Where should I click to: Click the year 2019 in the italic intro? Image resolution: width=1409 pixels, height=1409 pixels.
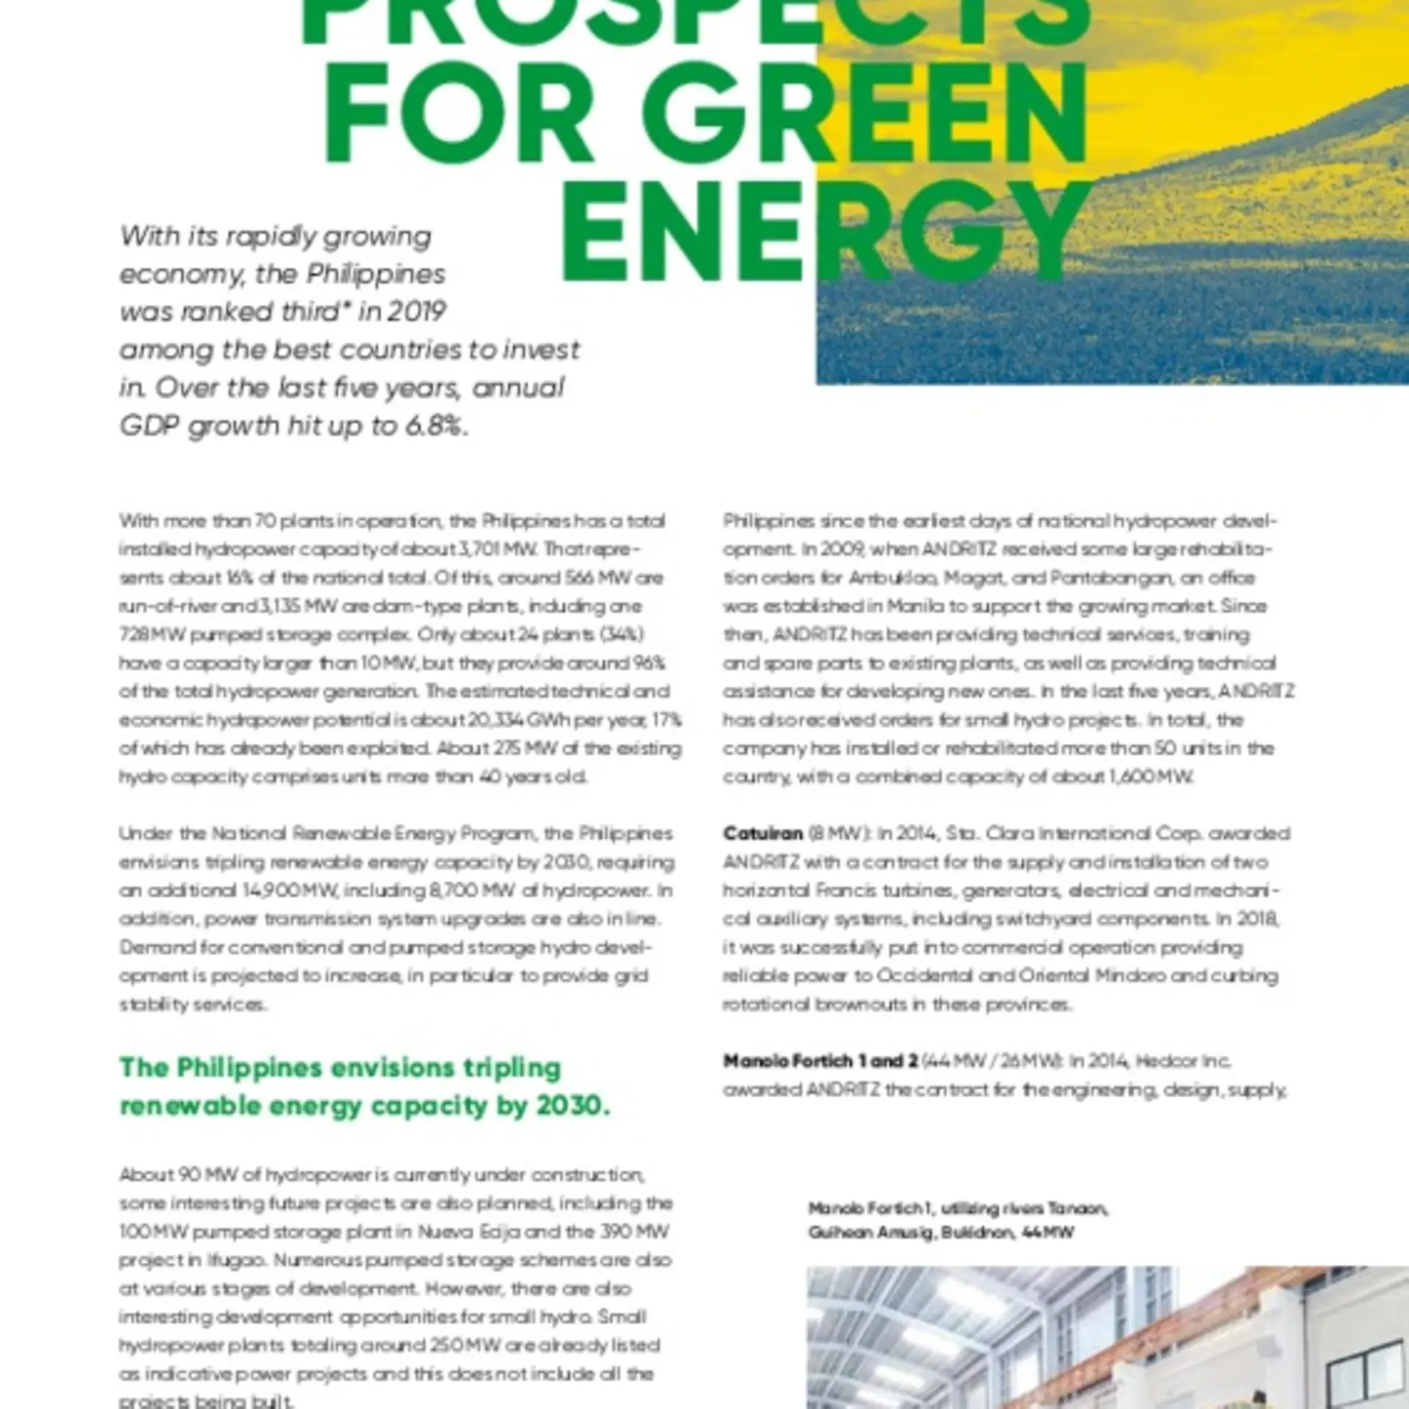tap(415, 312)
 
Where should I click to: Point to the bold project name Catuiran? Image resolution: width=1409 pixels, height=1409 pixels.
tap(762, 834)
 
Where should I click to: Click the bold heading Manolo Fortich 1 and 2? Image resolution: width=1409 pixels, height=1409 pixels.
tap(820, 1061)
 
